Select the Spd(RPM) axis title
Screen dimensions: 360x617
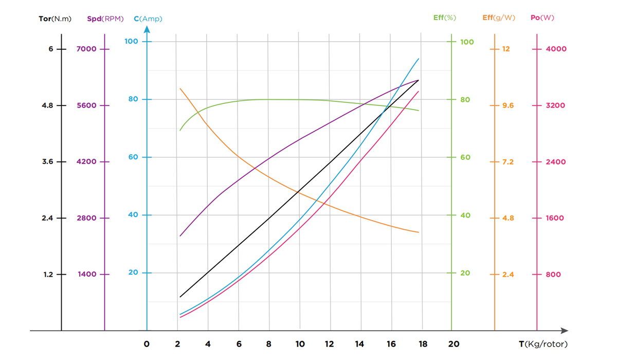[x=105, y=19]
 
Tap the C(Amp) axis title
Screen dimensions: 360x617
[x=148, y=19]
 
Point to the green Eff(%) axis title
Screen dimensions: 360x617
[x=444, y=17]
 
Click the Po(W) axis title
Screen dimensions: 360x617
[x=542, y=17]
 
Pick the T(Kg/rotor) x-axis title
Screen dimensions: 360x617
[x=543, y=344]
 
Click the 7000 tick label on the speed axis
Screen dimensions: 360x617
[x=87, y=49]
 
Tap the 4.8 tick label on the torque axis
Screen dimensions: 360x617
[x=47, y=105]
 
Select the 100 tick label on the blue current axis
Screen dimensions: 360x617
[x=132, y=41]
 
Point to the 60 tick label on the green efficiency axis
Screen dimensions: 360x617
[x=465, y=157]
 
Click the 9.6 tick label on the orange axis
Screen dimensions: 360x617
[x=508, y=105]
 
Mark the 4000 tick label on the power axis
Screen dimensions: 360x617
[x=556, y=49]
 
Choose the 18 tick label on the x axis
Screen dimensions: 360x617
[x=423, y=344]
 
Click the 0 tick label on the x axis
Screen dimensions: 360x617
[x=147, y=344]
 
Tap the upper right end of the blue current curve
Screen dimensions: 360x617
[x=419, y=59]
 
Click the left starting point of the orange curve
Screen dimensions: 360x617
[x=180, y=88]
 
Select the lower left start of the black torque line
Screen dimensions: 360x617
[x=180, y=297]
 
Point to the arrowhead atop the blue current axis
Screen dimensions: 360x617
[x=147, y=29]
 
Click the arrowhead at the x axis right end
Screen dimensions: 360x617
[x=565, y=331]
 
